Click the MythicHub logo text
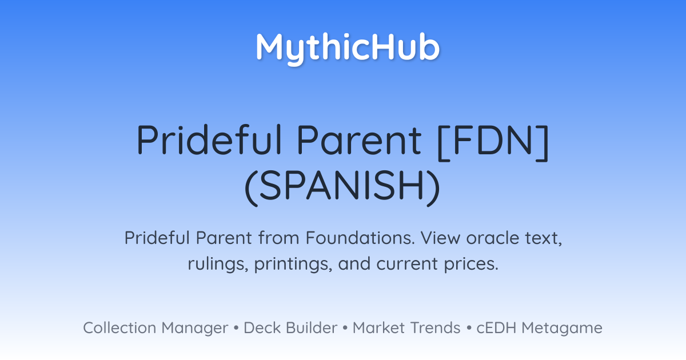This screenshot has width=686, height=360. [348, 49]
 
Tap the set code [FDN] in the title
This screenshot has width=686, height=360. [493, 142]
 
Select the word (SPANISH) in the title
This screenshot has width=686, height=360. [342, 187]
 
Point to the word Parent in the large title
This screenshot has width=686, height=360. [359, 140]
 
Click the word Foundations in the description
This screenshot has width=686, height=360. [361, 238]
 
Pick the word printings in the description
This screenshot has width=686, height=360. [293, 265]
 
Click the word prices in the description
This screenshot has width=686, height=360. [471, 264]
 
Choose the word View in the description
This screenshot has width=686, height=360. [440, 238]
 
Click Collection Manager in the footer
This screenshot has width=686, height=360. [155, 328]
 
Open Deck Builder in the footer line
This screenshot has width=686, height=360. [290, 327]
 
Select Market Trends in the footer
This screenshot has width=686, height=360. [406, 327]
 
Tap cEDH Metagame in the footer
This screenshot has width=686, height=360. [539, 328]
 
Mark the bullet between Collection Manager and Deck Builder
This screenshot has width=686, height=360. [236, 328]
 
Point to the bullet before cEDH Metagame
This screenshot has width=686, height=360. [469, 328]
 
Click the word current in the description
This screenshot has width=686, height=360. [407, 264]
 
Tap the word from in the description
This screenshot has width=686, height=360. [279, 238]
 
